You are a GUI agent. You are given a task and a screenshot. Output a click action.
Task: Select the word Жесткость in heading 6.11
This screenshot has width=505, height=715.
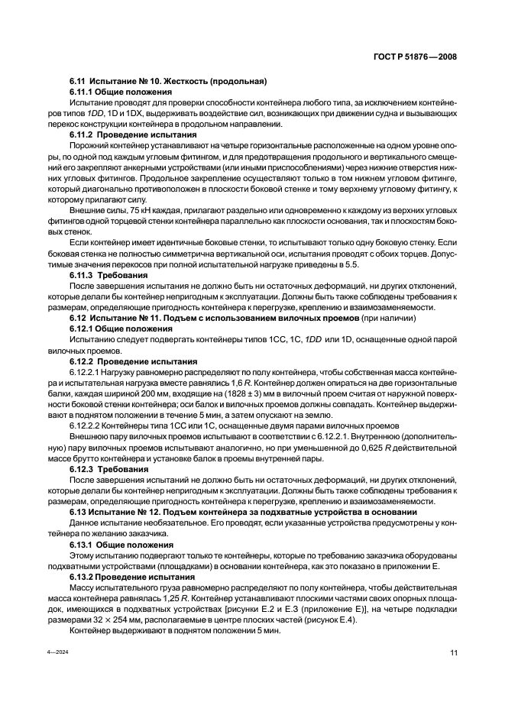(186, 82)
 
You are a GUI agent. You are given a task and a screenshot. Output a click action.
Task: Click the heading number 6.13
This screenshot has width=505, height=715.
(78, 511)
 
